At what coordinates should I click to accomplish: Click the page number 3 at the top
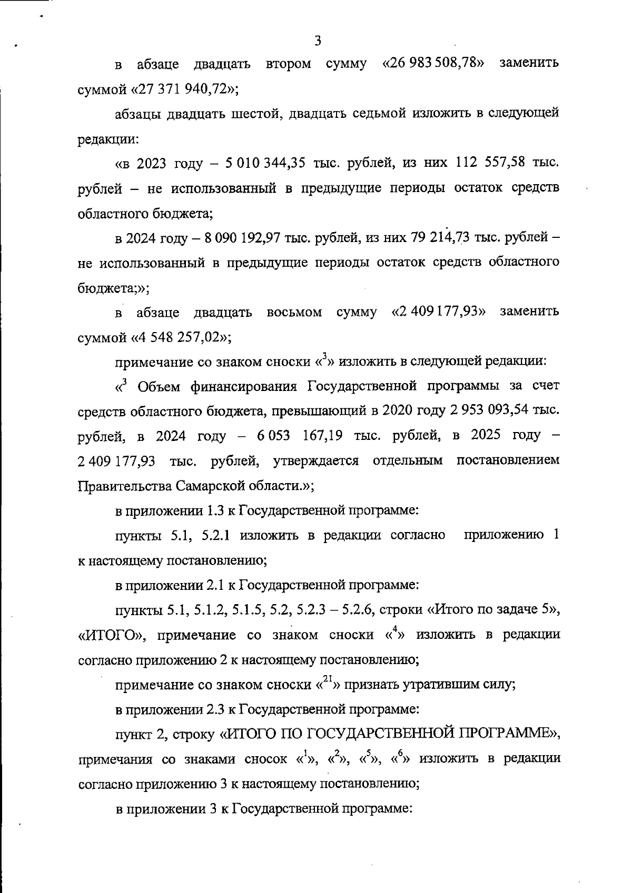point(317,41)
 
